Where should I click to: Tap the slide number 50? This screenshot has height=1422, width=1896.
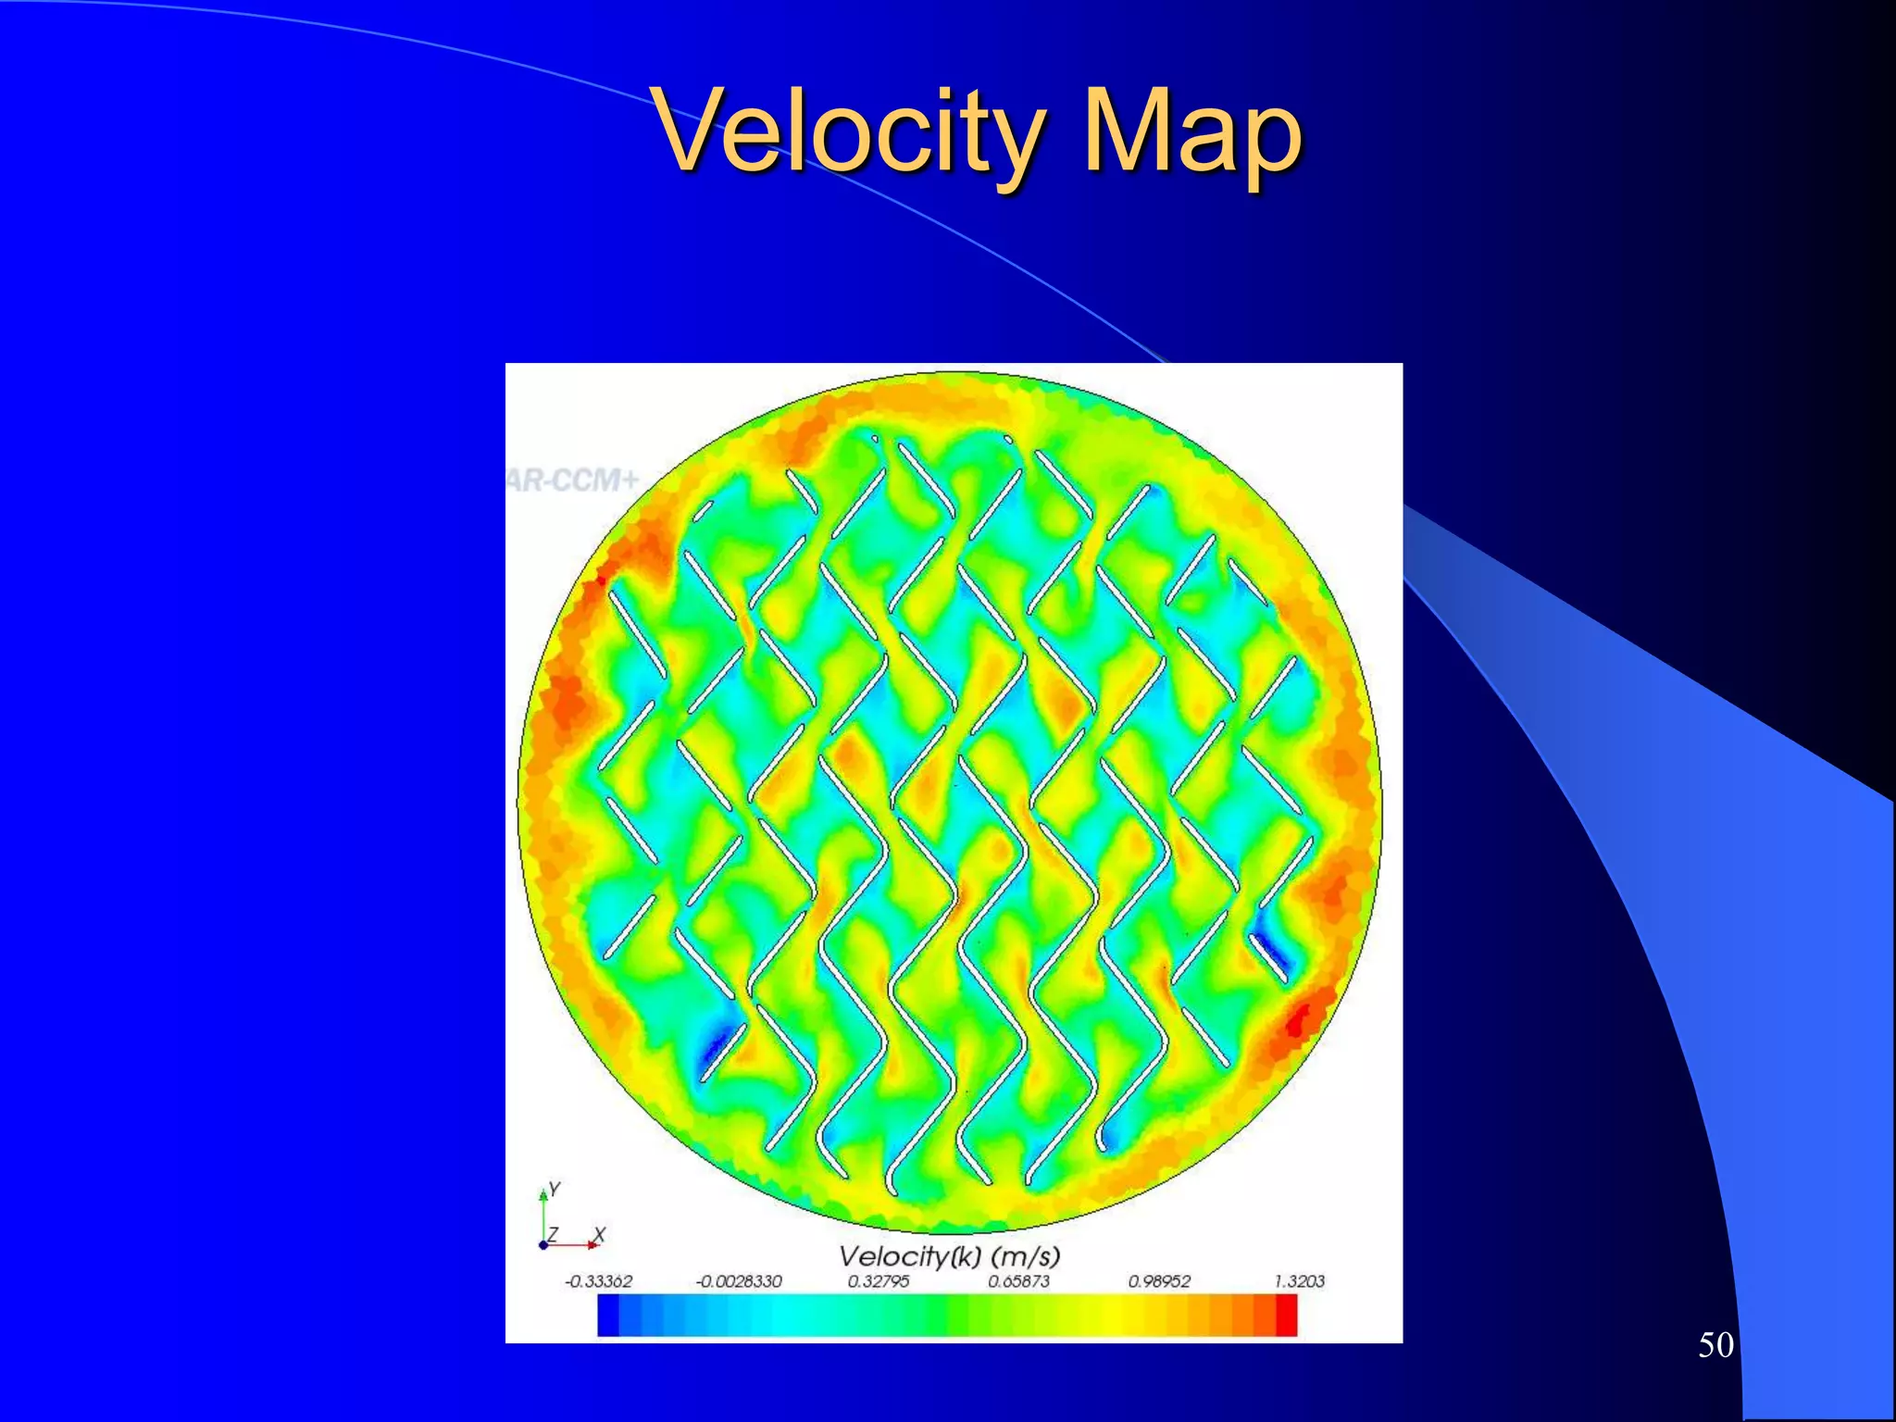tap(1715, 1345)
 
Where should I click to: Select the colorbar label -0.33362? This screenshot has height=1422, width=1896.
tap(598, 1281)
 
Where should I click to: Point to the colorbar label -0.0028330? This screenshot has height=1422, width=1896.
tap(739, 1281)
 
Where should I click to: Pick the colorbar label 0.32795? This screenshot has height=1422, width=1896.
tap(878, 1281)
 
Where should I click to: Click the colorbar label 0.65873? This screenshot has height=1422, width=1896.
tap(1018, 1281)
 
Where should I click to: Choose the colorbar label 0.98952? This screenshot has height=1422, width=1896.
tap(1158, 1281)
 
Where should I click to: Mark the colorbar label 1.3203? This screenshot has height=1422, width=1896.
tap(1299, 1281)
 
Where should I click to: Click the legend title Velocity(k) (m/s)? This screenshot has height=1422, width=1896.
tap(949, 1256)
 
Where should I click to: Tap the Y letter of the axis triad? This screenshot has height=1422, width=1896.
tap(555, 1188)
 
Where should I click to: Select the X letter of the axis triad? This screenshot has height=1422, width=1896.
tap(599, 1234)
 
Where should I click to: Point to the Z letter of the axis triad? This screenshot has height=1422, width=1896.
tap(553, 1234)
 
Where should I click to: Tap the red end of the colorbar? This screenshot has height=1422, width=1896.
tap(1287, 1316)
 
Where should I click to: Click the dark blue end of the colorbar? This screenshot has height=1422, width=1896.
tap(608, 1316)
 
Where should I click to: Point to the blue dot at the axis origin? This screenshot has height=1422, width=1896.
tap(543, 1245)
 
